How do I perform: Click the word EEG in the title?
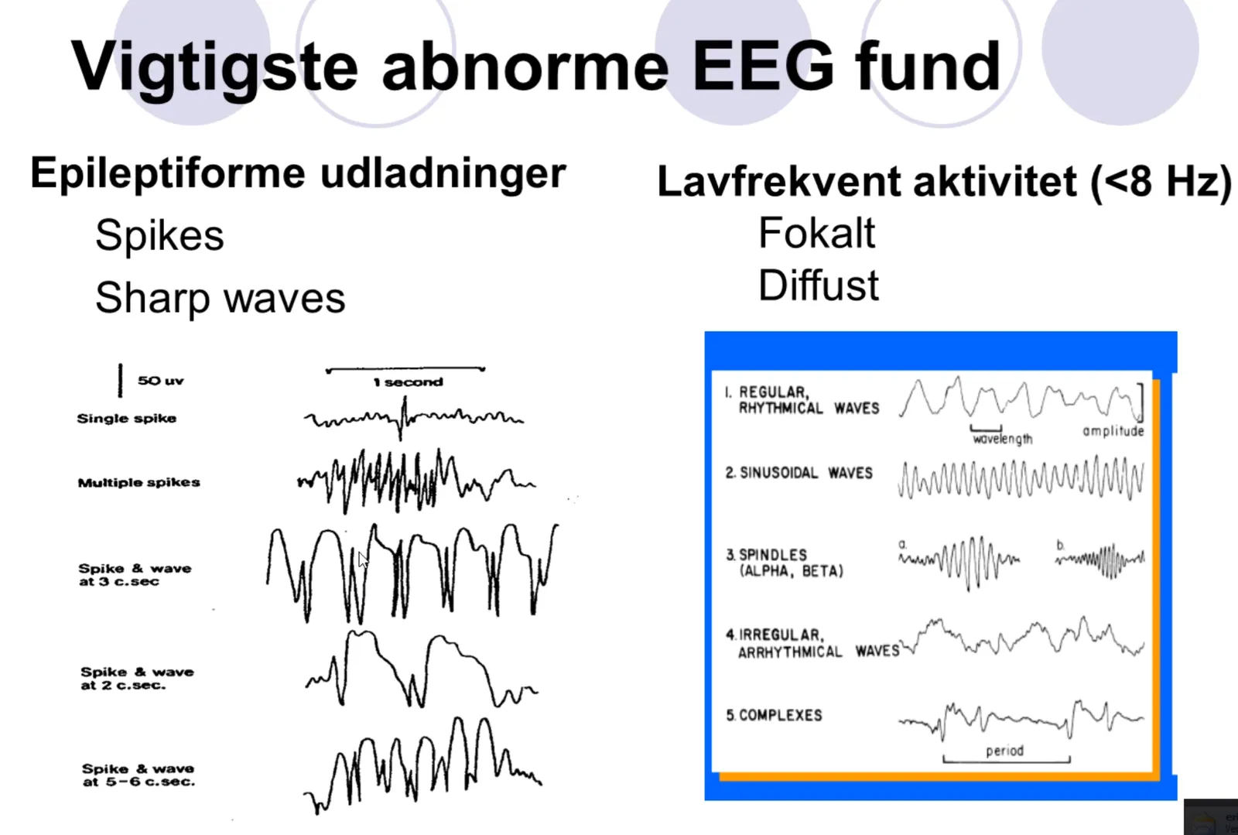[763, 67]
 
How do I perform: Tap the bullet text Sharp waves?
[220, 297]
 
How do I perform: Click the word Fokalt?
[816, 233]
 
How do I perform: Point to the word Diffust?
[818, 285]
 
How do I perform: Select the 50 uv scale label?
[160, 381]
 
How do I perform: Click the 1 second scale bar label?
[408, 382]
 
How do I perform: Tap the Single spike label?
[127, 419]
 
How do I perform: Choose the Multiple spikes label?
[139, 482]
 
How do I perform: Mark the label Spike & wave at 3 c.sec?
[135, 575]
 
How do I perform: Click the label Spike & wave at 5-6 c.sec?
[139, 775]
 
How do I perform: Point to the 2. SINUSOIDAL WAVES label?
[799, 473]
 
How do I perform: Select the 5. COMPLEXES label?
[775, 716]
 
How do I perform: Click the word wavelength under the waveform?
[1003, 440]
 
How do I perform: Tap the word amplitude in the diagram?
[1113, 431]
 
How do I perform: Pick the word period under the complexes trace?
[1005, 751]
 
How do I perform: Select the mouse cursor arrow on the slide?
[363, 560]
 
